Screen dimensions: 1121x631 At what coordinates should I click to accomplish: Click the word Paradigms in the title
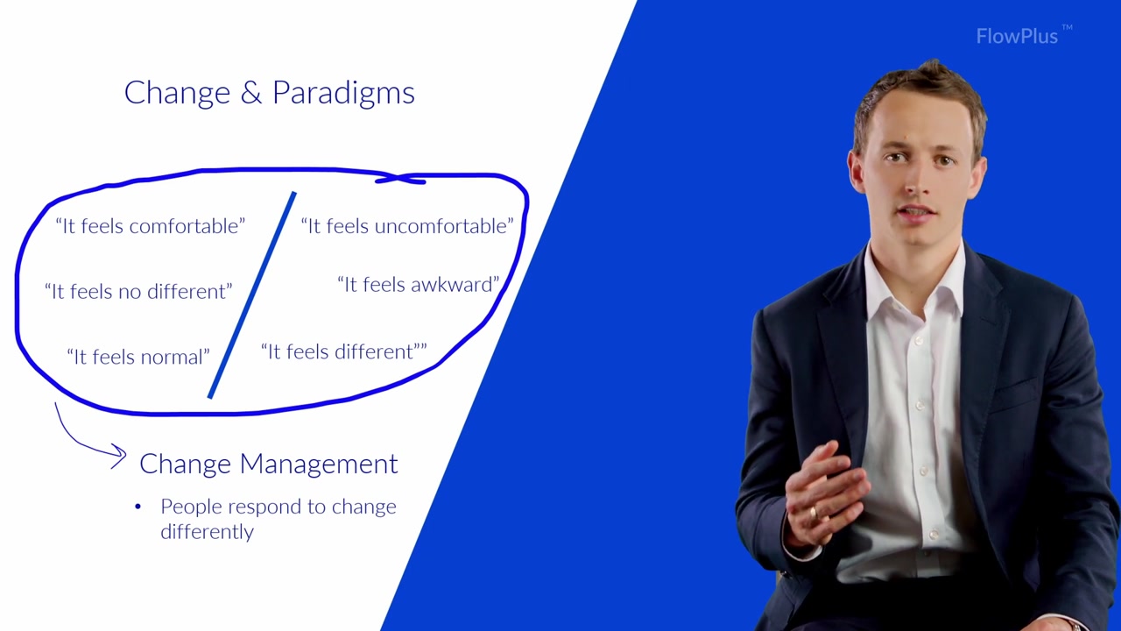tap(343, 93)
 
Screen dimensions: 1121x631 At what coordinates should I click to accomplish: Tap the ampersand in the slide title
tap(250, 92)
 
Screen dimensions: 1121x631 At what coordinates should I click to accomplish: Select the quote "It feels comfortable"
tap(150, 226)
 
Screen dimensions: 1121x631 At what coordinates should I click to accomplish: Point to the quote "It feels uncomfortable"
tap(407, 226)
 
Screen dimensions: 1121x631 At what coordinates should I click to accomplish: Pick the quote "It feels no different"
tap(138, 291)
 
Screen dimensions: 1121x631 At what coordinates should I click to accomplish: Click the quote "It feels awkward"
tap(419, 285)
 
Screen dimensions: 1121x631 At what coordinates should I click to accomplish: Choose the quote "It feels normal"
tap(138, 357)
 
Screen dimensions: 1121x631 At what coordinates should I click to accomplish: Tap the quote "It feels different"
tap(344, 351)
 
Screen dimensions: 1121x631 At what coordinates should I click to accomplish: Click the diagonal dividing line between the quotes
tap(251, 295)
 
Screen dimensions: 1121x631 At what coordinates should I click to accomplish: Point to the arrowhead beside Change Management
tap(119, 455)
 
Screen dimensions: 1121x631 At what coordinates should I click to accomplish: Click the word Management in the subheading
tap(319, 464)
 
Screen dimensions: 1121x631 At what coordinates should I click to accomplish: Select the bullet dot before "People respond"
tap(138, 507)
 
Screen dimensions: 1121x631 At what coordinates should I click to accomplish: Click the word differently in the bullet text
tap(208, 531)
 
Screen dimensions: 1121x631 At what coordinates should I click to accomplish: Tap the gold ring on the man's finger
tap(814, 514)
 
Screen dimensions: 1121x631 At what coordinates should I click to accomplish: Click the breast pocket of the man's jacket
tap(1013, 394)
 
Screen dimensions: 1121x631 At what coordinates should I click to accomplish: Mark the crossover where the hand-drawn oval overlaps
tap(398, 177)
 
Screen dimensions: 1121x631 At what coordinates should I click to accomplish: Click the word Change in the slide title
tap(177, 93)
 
